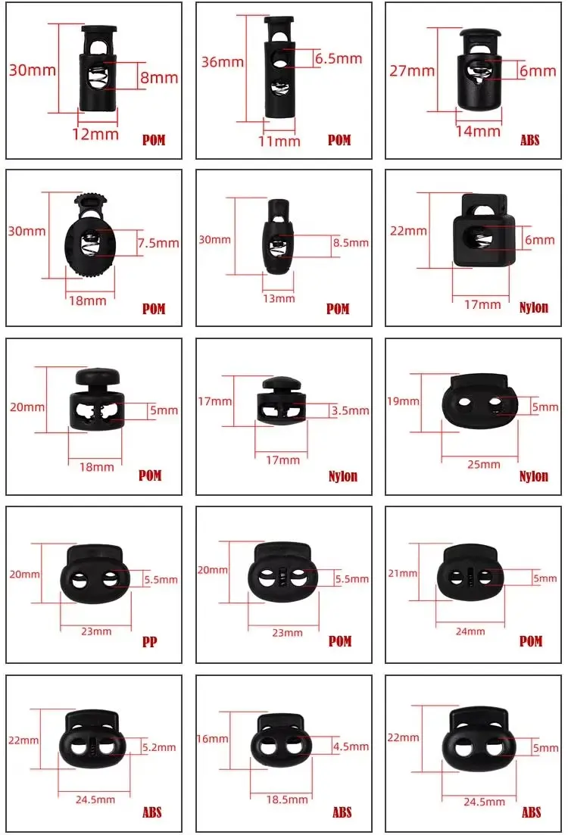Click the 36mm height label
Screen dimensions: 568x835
222,62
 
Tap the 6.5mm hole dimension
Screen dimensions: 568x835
339,58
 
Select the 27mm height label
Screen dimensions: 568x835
412,71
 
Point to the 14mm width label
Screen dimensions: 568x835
478,131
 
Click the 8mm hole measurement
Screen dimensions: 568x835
159,78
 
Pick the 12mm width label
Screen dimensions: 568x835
95,134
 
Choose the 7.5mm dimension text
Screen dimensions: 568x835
159,243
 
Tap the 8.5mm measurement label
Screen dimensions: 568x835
351,243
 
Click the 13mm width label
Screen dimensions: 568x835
279,298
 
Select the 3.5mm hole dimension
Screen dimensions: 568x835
350,410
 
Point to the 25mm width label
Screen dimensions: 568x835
484,464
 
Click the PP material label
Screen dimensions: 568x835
150,642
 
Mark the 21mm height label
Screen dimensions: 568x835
403,574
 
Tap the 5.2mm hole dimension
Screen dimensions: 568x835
159,748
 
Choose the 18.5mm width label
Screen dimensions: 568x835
287,800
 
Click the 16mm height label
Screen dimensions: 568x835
213,739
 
